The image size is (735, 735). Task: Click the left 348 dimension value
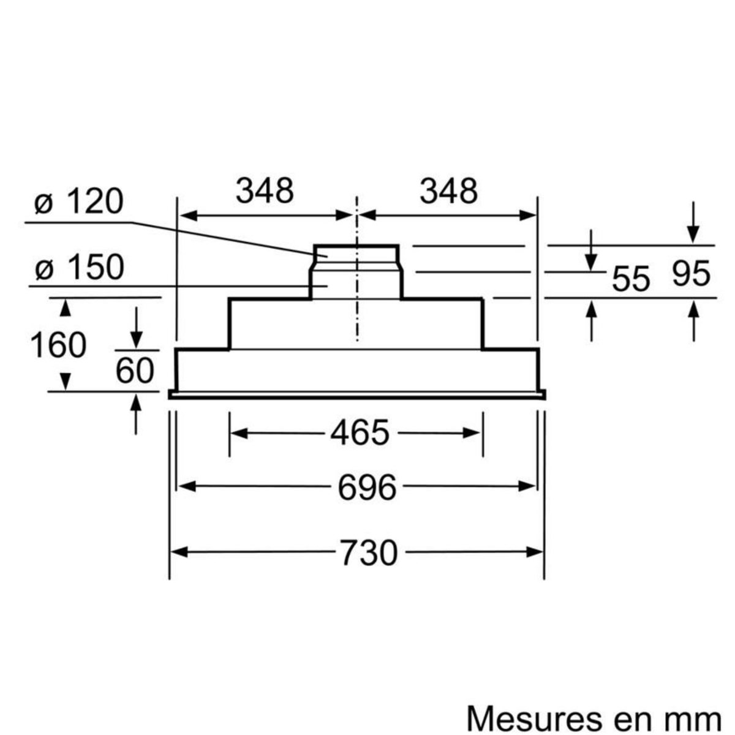tap(265, 191)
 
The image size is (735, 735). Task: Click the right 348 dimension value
tap(448, 191)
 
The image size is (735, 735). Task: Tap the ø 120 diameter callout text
tap(79, 202)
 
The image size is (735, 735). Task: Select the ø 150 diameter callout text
tap(80, 267)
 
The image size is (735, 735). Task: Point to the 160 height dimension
tap(59, 345)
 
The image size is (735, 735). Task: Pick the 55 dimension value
tap(630, 279)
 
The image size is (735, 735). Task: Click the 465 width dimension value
tap(360, 433)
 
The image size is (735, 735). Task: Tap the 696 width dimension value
tap(367, 487)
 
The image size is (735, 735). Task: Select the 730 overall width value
tap(369, 553)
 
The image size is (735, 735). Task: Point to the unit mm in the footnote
tap(698, 714)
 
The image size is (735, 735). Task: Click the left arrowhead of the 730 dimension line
tap(178, 552)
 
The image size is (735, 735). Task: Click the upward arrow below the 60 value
tap(136, 404)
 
